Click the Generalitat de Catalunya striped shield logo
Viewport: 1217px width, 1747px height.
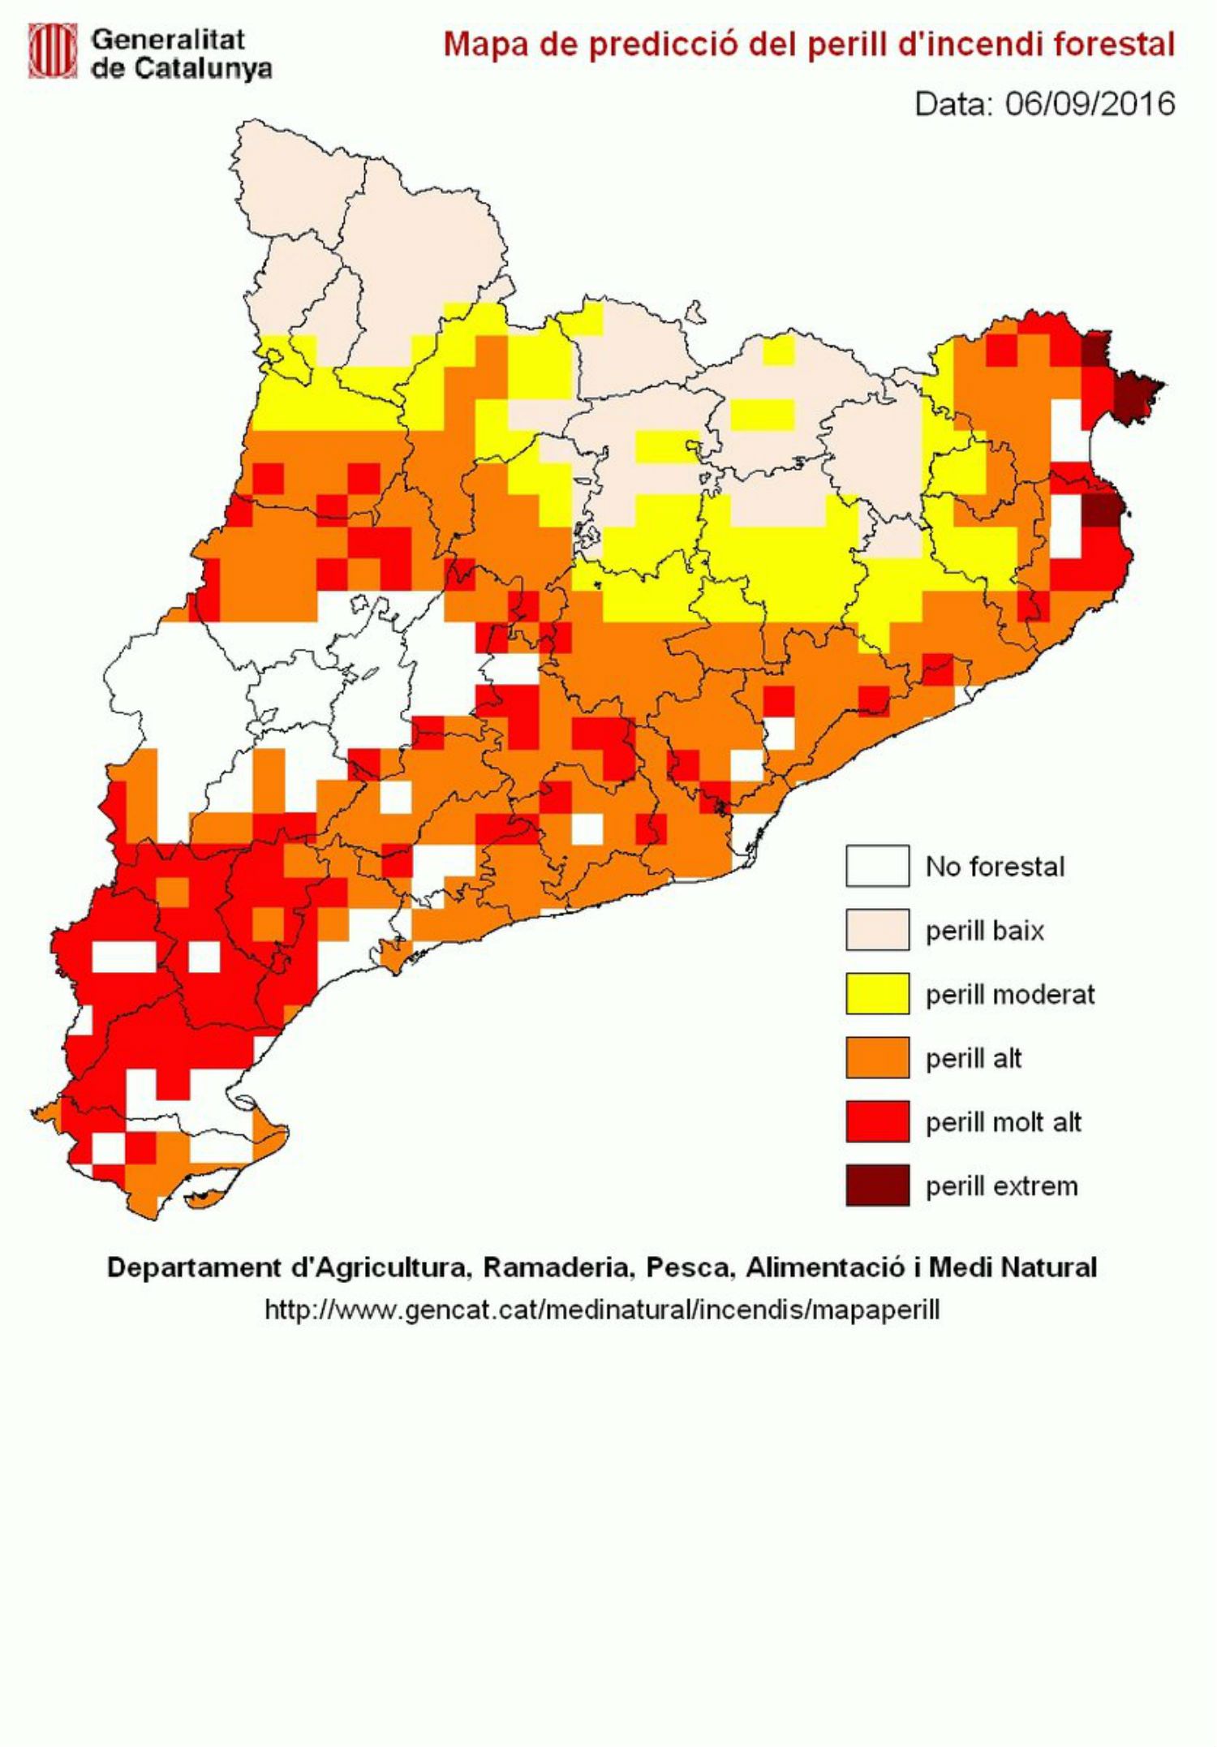tap(52, 50)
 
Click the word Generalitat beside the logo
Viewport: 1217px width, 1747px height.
tap(167, 39)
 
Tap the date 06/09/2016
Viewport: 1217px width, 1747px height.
tap(1090, 104)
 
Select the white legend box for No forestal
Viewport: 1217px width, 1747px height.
tap(877, 866)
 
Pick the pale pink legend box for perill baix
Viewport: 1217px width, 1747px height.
tap(877, 930)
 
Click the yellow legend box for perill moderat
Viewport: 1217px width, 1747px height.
tap(877, 994)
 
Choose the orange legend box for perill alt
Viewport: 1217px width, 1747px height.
tap(877, 1058)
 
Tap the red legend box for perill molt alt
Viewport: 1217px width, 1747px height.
tap(877, 1122)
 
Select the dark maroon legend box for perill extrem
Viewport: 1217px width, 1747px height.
tap(877, 1185)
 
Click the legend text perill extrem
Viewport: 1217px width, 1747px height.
tap(1001, 1186)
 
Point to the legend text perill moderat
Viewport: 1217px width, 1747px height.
tap(1010, 995)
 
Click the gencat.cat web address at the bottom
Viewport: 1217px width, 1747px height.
tap(602, 1310)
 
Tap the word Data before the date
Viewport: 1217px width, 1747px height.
tap(953, 104)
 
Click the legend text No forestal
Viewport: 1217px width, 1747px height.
tap(995, 867)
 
